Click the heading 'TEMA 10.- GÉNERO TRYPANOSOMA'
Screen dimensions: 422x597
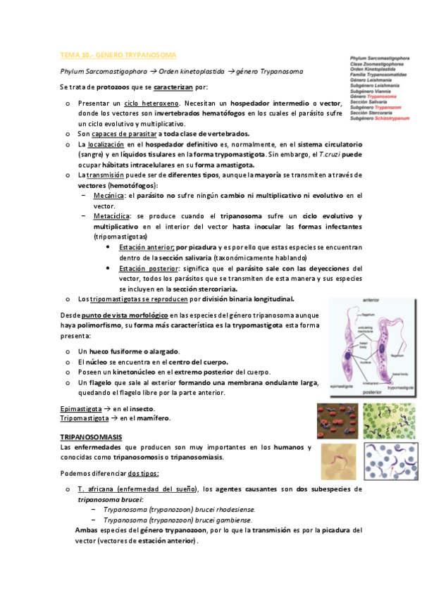[x=118, y=54]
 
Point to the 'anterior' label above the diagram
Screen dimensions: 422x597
[x=371, y=300]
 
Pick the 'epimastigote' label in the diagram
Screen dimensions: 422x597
[x=341, y=387]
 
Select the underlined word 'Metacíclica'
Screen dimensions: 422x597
[x=109, y=215]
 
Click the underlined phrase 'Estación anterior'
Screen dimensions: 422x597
[x=146, y=248]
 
